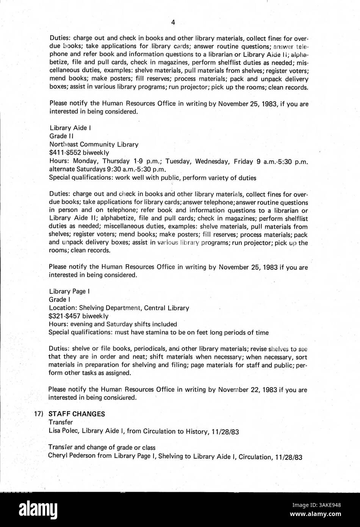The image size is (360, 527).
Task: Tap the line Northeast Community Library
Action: pyautogui.click(x=94, y=144)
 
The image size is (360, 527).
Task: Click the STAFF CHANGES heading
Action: pyautogui.click(x=79, y=414)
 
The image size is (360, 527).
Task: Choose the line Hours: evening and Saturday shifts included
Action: pyautogui.click(x=113, y=324)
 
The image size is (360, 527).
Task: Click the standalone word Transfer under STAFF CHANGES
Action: pyautogui.click(x=60, y=422)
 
